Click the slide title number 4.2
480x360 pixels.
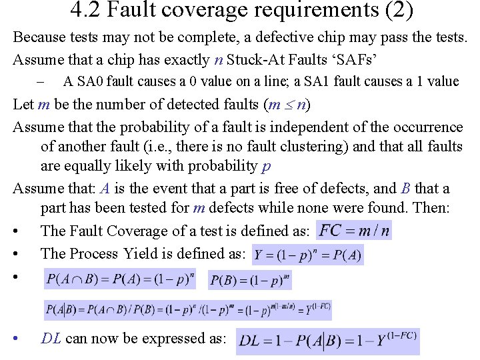(x=83, y=11)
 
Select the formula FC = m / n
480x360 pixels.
(x=354, y=231)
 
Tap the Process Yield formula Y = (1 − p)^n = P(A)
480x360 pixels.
(x=308, y=256)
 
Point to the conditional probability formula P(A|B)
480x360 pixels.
(x=187, y=310)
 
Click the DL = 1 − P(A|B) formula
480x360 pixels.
(x=327, y=341)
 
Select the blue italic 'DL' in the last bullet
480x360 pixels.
(x=51, y=338)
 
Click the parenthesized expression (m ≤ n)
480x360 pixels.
(x=287, y=104)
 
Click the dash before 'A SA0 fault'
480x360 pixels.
(x=40, y=81)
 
